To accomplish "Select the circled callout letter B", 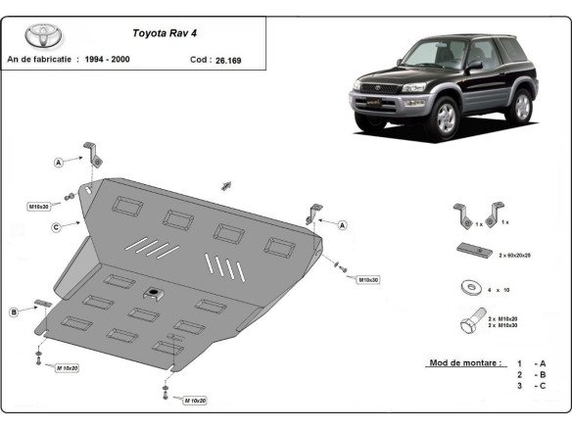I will tap(15, 312).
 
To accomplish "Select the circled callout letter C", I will tap(58, 227).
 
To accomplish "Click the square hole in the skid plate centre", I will tap(154, 293).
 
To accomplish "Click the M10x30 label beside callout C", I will tap(39, 207).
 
